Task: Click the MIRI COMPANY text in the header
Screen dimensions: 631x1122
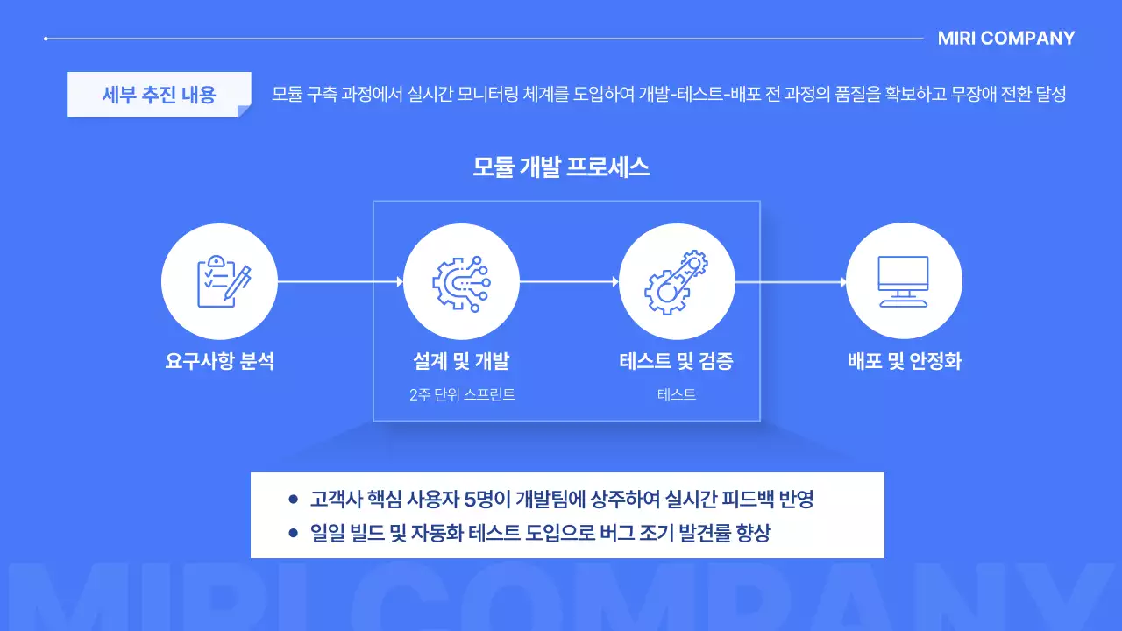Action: (1005, 39)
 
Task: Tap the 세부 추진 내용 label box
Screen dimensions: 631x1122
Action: (159, 94)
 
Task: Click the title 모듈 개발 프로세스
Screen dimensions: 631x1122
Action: (561, 167)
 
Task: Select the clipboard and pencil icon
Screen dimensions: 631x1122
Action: (219, 281)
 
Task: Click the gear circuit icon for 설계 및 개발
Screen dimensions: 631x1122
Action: (461, 281)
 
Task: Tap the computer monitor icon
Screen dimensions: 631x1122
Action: (904, 281)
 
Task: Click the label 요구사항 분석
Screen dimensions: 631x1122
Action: (219, 361)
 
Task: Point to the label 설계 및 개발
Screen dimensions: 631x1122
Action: (461, 361)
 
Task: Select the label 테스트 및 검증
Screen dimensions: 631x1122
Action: (677, 361)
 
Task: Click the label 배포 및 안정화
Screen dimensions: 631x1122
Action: (904, 361)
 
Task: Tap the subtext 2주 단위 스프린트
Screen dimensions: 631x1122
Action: (461, 395)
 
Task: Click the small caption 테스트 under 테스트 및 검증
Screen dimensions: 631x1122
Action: (677, 395)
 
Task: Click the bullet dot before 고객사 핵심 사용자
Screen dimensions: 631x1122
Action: (293, 500)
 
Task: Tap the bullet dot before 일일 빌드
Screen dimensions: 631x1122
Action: (293, 533)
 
